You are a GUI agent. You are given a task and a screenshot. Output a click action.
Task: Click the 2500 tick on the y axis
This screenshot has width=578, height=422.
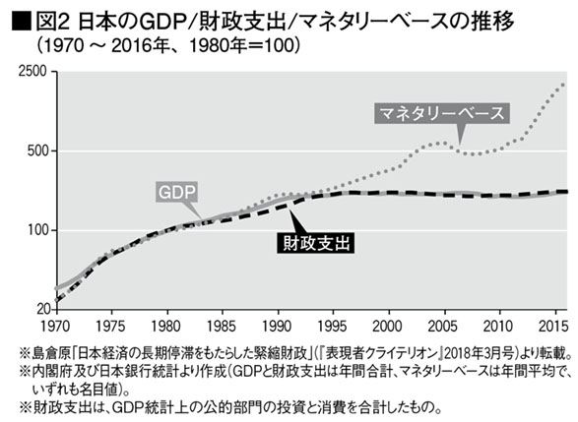click(32, 71)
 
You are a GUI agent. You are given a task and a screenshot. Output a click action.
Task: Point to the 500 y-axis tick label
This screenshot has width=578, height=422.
click(37, 151)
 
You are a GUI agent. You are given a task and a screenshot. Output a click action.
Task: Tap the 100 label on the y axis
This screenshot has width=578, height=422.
click(37, 230)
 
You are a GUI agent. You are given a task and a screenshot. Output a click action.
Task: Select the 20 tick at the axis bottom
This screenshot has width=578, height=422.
click(42, 309)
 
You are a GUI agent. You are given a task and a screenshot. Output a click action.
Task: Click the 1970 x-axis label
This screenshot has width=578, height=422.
click(55, 327)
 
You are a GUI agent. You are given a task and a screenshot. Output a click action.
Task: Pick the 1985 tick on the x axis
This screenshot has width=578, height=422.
click(221, 327)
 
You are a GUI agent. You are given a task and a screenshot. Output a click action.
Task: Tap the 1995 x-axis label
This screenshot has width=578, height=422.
click(332, 327)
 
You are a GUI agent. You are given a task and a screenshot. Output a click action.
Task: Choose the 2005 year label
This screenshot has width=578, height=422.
click(442, 327)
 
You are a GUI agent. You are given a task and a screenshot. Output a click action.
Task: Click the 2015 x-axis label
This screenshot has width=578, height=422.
click(553, 327)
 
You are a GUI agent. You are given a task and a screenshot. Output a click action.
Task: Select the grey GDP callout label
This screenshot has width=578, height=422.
click(176, 192)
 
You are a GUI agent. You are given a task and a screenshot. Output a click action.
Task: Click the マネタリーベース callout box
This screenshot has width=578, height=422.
click(442, 113)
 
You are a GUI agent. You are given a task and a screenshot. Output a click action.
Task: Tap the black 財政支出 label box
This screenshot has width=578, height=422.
click(315, 243)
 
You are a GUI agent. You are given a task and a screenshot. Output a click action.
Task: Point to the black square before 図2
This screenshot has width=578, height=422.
click(21, 22)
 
